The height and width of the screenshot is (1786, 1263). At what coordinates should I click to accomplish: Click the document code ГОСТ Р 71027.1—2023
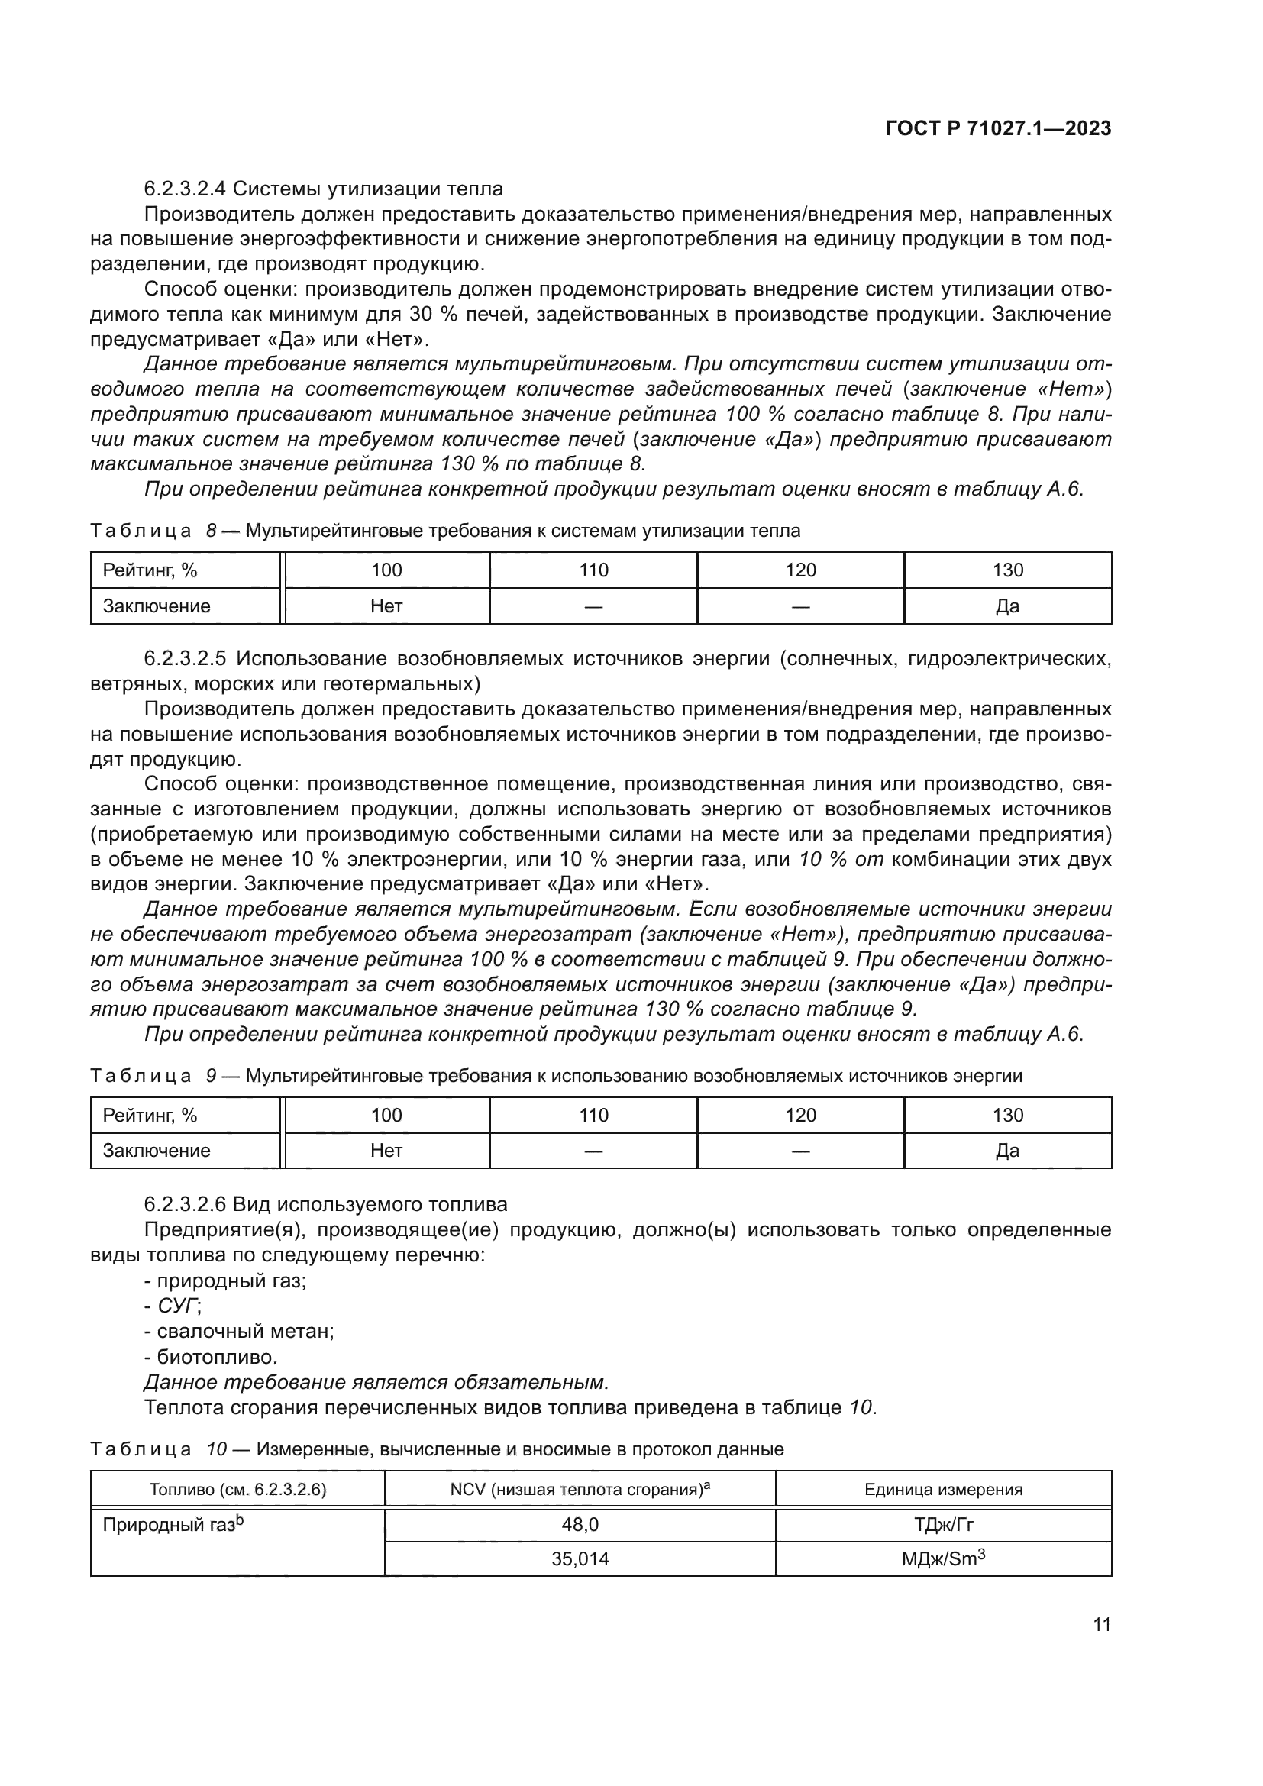click(x=998, y=129)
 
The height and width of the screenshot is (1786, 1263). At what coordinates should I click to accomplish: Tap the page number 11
click(x=1101, y=1624)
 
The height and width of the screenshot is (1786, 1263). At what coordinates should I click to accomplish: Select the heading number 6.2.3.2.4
click(x=184, y=189)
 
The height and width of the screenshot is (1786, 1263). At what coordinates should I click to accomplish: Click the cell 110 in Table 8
click(x=593, y=570)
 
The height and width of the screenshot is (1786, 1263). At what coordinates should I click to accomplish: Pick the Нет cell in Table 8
click(x=386, y=606)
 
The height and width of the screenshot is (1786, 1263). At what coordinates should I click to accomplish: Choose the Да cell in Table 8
click(x=1007, y=606)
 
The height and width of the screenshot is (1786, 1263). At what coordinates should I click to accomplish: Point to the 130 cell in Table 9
click(x=1007, y=1116)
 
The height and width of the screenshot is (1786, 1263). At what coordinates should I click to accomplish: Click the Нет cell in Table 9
click(x=386, y=1151)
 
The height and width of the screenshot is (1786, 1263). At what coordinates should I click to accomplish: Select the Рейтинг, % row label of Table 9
click(x=150, y=1116)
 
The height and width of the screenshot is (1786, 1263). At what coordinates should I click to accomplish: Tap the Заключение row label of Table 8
click(x=157, y=606)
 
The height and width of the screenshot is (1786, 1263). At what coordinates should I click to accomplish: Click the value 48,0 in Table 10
click(x=580, y=1525)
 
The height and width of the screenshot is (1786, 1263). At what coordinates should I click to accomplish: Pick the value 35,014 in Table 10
click(x=580, y=1559)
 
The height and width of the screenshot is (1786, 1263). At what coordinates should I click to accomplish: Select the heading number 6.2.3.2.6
click(x=184, y=1205)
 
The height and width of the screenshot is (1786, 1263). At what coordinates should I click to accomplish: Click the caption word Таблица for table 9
click(x=140, y=1077)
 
